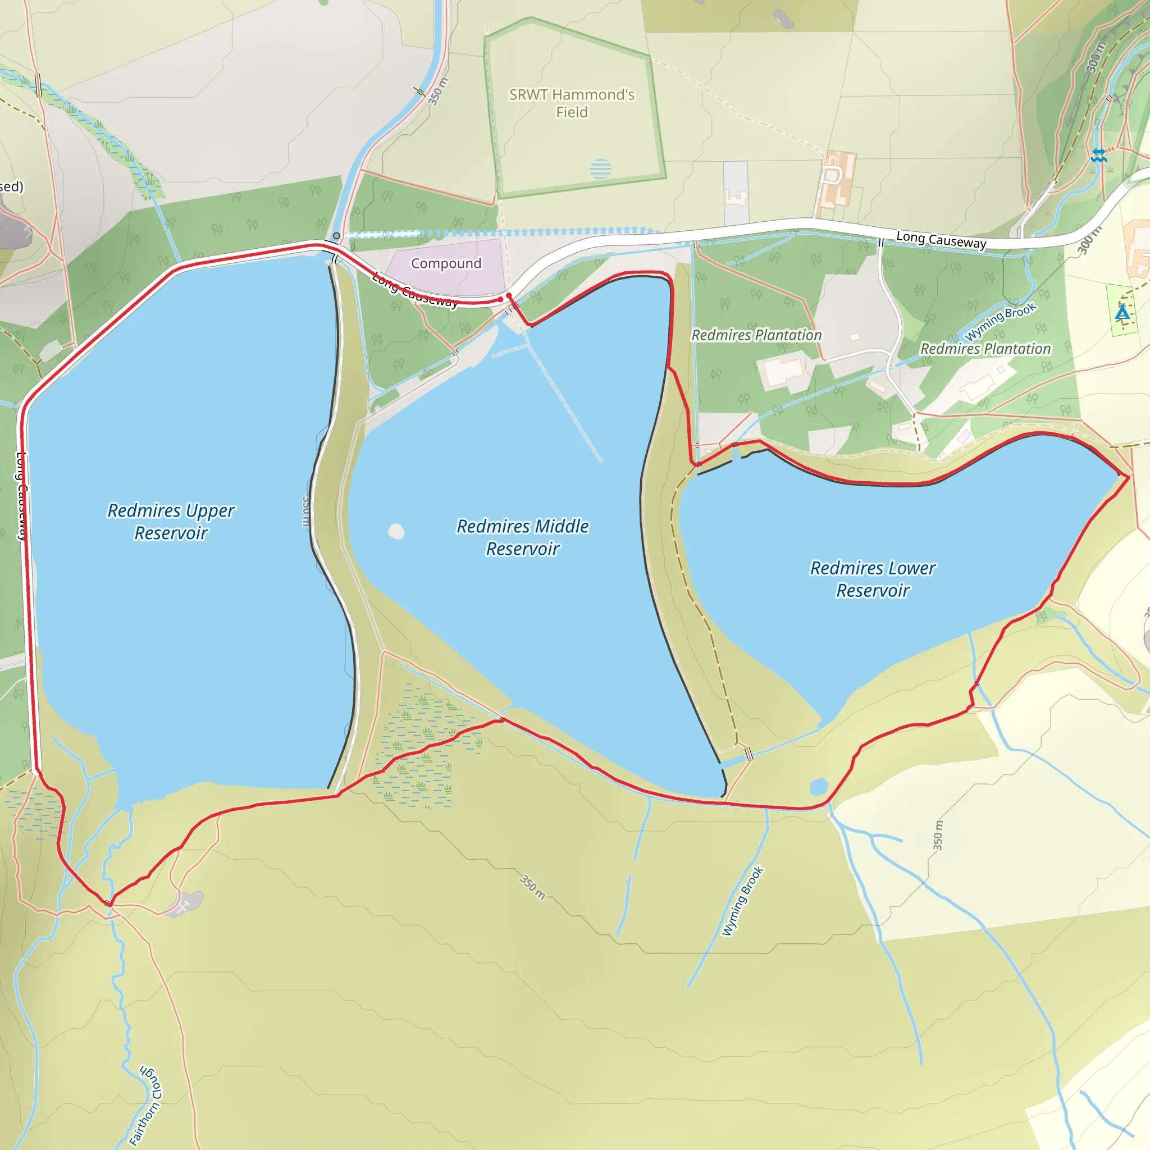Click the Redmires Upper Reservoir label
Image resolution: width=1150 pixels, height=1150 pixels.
[171, 522]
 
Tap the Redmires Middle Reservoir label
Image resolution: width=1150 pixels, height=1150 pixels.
[523, 537]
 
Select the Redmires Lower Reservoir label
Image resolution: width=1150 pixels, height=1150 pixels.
[873, 578]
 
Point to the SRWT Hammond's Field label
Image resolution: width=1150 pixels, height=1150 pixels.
[572, 103]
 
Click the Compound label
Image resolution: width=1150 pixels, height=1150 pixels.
[446, 263]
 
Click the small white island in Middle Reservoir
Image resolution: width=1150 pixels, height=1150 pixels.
[396, 531]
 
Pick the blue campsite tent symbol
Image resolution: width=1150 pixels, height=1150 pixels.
[1122, 313]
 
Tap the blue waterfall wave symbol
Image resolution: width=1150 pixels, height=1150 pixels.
[1099, 156]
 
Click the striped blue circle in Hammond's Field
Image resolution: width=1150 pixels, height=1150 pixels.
[600, 169]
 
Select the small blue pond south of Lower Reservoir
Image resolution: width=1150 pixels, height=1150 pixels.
[819, 786]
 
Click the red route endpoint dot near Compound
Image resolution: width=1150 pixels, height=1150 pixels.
[508, 296]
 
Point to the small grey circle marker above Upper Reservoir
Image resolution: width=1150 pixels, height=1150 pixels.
[336, 236]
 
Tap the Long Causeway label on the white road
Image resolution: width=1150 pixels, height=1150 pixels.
[941, 240]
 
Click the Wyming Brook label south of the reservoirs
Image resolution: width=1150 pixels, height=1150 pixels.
[742, 901]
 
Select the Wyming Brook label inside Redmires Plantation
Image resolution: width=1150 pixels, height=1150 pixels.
[1000, 322]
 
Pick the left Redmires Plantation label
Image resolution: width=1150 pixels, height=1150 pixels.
[756, 335]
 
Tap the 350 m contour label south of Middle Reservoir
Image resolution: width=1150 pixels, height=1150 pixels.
[532, 887]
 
